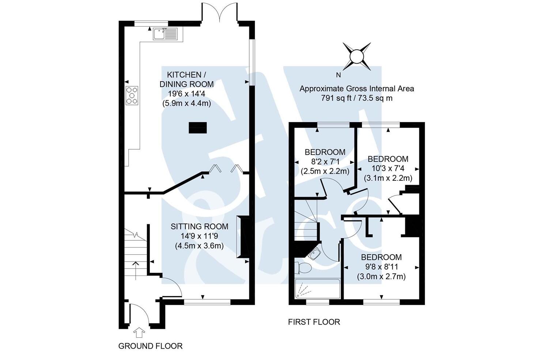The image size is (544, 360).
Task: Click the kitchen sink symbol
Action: [165, 34]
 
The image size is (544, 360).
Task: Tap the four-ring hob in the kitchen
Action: [132, 95]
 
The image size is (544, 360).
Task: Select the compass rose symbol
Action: [356, 57]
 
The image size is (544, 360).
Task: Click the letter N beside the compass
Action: [338, 75]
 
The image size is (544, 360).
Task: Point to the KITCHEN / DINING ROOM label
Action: [186, 79]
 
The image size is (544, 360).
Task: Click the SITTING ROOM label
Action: [199, 227]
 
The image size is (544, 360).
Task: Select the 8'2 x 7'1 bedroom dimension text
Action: [325, 161]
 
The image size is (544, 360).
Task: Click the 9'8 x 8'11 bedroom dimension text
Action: [381, 267]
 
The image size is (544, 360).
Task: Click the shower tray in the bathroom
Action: [317, 289]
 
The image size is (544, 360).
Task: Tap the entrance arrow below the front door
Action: [139, 332]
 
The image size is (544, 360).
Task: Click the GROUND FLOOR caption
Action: [150, 346]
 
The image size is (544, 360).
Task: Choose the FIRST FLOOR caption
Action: [314, 322]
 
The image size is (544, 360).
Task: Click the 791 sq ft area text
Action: [356, 98]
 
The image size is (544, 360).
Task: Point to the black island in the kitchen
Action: [198, 128]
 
